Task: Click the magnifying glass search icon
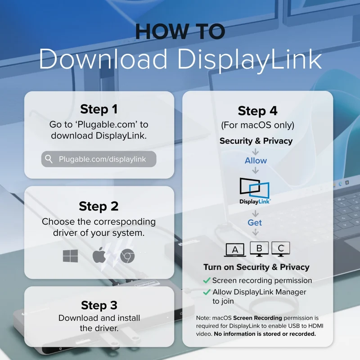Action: pos(49,159)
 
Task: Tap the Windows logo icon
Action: pos(70,256)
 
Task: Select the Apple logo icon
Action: pos(99,255)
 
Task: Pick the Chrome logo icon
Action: pos(127,256)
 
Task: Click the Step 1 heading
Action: pos(99,109)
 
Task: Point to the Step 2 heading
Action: pos(99,206)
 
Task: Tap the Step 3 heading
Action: pos(99,306)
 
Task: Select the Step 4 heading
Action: pos(257,111)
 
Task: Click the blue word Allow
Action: pos(256,161)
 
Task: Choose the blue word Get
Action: pos(255,223)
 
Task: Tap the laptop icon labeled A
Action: pos(235,250)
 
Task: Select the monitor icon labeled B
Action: pos(259,249)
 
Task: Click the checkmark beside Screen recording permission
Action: pos(207,280)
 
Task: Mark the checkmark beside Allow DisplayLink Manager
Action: pos(207,292)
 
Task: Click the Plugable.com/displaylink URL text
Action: pos(103,159)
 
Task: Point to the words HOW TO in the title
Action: pos(180,31)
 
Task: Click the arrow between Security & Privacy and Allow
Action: pos(255,152)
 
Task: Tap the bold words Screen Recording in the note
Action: pos(257,318)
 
